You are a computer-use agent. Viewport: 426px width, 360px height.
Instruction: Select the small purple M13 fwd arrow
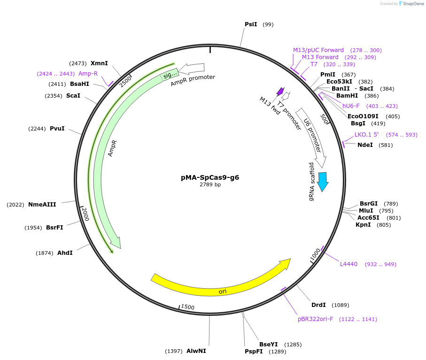(x=280, y=91)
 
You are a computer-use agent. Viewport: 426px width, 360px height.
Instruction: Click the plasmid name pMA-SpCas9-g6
(x=213, y=177)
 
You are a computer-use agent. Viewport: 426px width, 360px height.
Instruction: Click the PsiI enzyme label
(x=251, y=24)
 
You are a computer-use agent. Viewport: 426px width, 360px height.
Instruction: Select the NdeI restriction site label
(x=365, y=145)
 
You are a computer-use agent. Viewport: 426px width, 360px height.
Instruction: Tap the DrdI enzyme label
(x=318, y=305)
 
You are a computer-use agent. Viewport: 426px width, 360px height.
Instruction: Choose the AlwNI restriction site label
(x=196, y=351)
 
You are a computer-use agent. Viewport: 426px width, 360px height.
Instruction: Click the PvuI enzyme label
(x=57, y=129)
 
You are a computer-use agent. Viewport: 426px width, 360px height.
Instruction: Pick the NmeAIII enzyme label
(x=42, y=205)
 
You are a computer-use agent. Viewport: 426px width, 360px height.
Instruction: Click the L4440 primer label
(x=349, y=264)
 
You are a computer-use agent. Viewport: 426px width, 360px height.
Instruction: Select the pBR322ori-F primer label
(x=315, y=319)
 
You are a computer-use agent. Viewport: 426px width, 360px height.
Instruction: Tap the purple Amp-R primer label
(x=88, y=74)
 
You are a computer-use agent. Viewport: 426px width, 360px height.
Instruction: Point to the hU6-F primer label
(x=351, y=106)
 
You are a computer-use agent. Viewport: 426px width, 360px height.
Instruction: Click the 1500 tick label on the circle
(x=187, y=307)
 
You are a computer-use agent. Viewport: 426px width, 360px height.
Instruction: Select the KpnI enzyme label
(x=363, y=225)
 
